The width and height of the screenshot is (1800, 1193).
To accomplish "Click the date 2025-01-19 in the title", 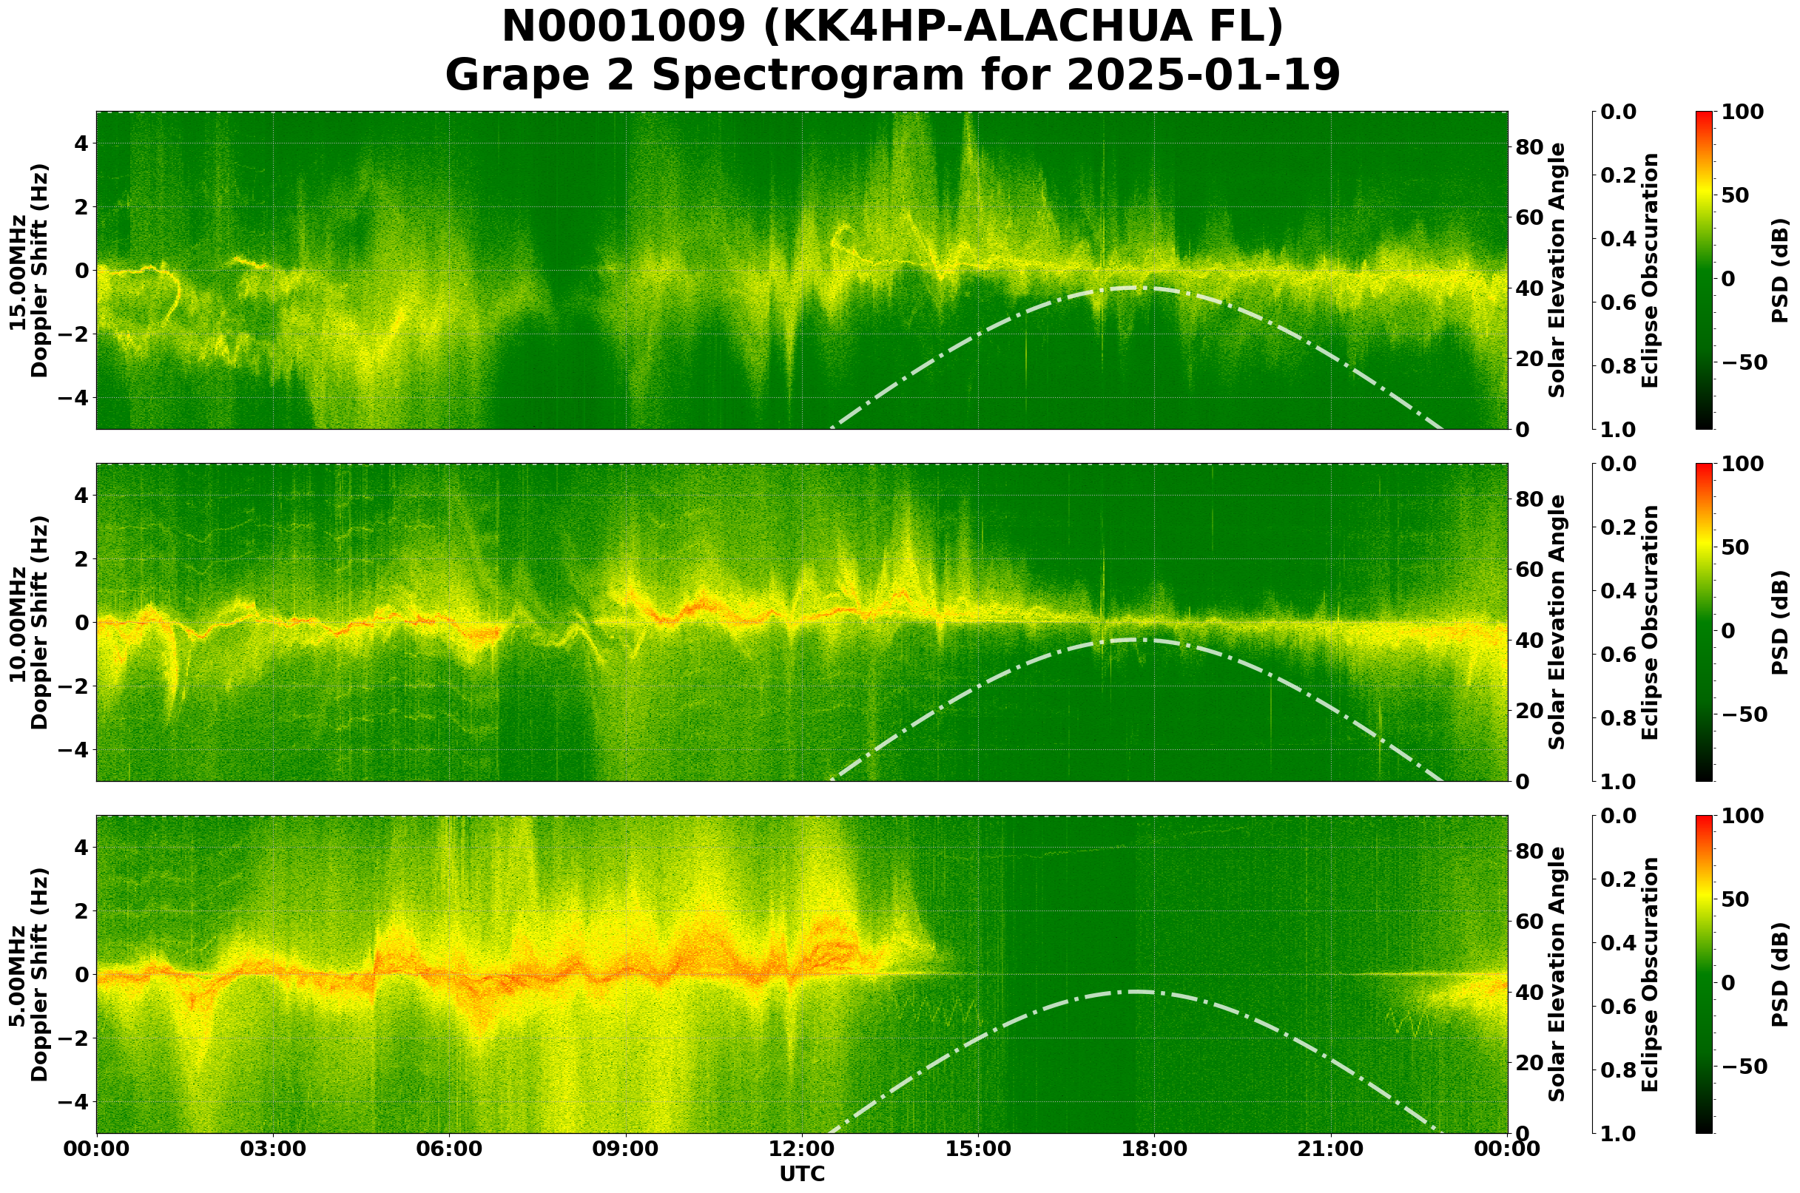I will click(x=1202, y=76).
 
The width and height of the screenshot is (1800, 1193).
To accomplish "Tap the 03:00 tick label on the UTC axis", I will click(x=273, y=1149).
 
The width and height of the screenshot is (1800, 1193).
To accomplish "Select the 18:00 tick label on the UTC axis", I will click(x=1154, y=1149).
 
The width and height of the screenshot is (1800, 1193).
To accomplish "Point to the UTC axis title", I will click(x=801, y=1174).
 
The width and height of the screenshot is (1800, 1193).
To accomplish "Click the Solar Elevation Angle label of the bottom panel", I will click(x=1557, y=975).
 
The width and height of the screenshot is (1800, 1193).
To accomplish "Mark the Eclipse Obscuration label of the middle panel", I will click(x=1649, y=622).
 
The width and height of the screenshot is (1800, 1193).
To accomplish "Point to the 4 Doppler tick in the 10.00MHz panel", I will click(x=79, y=496).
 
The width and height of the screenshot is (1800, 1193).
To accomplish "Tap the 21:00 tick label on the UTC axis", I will click(x=1330, y=1149).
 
